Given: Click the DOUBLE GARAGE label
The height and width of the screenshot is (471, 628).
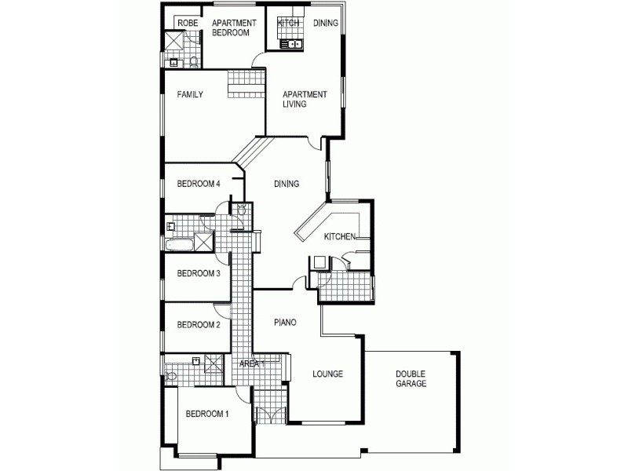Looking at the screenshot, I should [411, 379].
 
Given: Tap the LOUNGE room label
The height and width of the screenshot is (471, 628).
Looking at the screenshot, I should [327, 374].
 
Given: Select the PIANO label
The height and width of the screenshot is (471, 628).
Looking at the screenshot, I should [285, 323].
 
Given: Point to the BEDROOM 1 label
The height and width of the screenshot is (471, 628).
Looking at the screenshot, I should [206, 414].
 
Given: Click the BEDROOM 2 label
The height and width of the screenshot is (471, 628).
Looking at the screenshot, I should [198, 325].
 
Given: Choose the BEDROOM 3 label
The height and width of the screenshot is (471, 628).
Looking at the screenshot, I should [198, 274].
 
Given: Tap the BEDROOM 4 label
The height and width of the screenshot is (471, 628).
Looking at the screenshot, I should [198, 184].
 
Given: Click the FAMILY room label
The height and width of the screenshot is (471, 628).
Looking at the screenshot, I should [190, 95].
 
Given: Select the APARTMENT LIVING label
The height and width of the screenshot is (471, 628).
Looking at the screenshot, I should [305, 100].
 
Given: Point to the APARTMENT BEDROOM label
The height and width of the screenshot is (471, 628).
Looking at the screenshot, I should [230, 28].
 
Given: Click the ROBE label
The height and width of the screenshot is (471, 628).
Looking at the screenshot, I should [188, 24].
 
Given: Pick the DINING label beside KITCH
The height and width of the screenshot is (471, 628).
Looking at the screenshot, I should [326, 24].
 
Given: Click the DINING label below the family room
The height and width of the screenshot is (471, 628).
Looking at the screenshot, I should [287, 184].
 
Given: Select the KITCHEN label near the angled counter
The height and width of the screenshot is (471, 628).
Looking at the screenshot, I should [341, 236].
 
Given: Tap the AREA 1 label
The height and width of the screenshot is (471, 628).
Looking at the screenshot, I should [252, 364].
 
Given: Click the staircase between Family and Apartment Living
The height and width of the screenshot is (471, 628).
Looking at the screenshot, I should [246, 84].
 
